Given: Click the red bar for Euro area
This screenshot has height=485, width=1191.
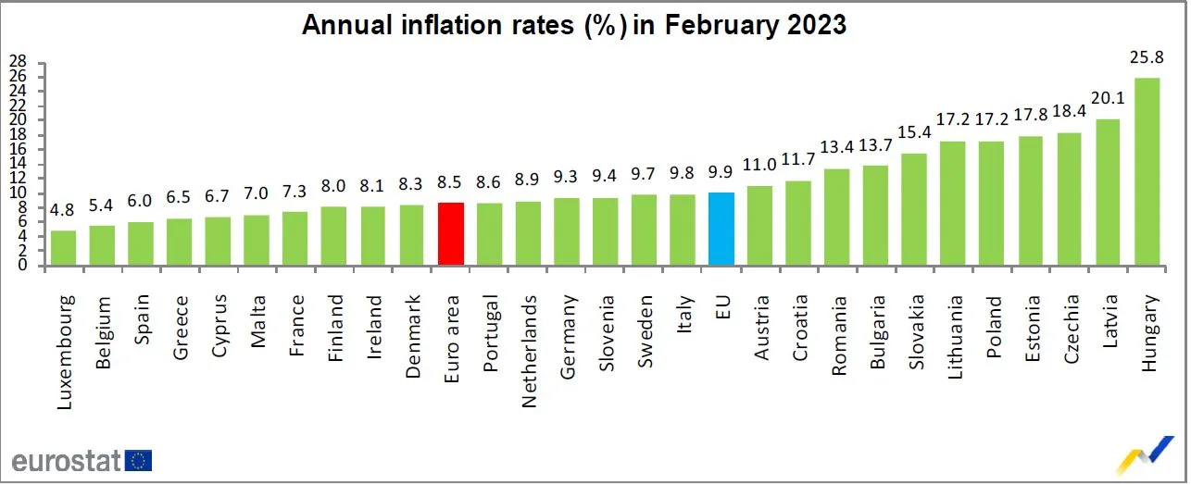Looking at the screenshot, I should [x=450, y=234].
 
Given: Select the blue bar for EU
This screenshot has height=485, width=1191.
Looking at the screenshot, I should [x=721, y=229].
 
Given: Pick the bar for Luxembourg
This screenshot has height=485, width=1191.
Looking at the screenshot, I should [x=64, y=247].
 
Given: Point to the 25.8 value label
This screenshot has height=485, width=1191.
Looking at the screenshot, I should [x=1147, y=57].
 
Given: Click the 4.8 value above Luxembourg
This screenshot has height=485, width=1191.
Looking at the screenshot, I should [x=64, y=211].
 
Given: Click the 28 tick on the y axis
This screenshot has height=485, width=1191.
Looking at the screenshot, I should [x=17, y=62].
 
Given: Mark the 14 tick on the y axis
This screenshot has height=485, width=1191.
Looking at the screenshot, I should [x=17, y=164].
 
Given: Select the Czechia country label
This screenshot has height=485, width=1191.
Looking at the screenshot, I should [x=1071, y=331].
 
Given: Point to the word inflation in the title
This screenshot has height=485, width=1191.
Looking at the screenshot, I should [x=451, y=25].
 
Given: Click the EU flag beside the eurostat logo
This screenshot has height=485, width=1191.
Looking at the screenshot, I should [x=141, y=461].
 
